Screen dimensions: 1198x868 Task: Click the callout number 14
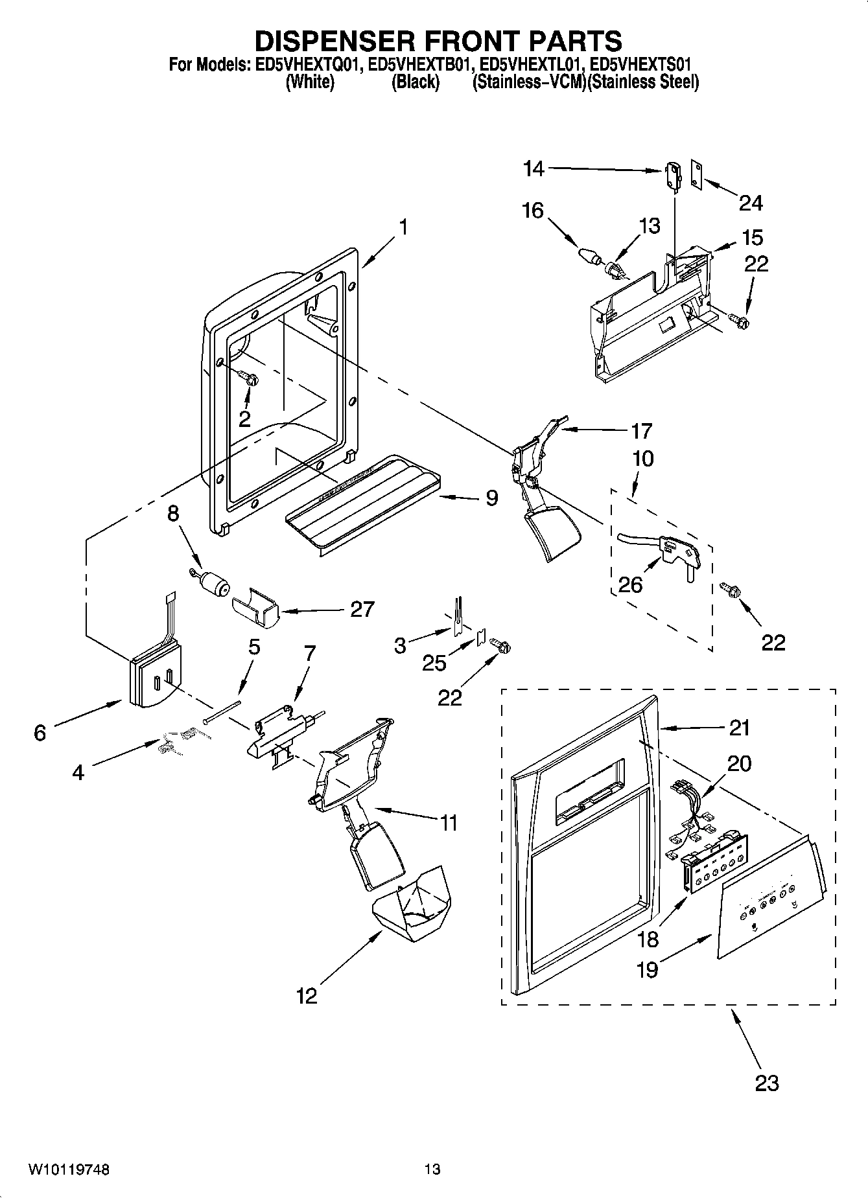[534, 169]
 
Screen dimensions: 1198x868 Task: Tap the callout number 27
[362, 609]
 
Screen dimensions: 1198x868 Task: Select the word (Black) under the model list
[416, 82]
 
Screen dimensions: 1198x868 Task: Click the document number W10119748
[69, 1169]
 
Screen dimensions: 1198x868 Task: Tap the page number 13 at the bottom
[432, 1169]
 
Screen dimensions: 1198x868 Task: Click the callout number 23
[767, 1083]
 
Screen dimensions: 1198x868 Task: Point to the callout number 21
[739, 728]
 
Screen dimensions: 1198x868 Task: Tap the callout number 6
[40, 732]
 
